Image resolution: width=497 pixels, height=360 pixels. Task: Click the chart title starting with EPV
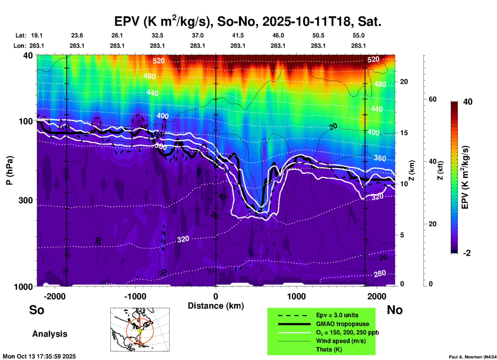(x=248, y=21)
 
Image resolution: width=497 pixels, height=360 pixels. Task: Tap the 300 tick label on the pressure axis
(x=26, y=200)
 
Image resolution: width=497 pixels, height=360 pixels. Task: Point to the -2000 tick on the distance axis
(x=54, y=296)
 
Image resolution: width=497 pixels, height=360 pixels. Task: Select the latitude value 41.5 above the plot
(x=238, y=35)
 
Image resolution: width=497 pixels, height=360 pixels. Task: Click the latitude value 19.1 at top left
(x=37, y=35)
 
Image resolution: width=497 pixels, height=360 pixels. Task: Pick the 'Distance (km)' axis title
(x=216, y=306)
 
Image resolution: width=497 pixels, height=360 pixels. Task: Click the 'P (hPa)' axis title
(x=10, y=170)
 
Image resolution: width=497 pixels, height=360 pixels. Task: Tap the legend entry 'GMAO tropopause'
(x=342, y=324)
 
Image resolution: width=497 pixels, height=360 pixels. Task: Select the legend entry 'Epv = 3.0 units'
(x=337, y=315)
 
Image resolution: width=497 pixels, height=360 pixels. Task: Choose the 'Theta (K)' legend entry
(x=329, y=349)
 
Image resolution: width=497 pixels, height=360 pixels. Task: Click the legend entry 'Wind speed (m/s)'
(x=341, y=341)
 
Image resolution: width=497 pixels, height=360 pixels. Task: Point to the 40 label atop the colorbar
(x=468, y=102)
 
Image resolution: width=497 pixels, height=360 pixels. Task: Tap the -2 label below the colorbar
(x=467, y=253)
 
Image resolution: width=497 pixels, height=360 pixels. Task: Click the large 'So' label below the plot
(x=37, y=310)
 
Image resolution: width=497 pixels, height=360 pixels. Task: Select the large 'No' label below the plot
(x=395, y=310)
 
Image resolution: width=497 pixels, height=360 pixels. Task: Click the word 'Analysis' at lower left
(x=50, y=334)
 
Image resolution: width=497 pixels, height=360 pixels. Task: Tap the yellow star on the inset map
(x=140, y=330)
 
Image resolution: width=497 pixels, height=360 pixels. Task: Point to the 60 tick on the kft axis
(x=432, y=99)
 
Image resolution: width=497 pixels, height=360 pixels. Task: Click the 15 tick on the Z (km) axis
(x=404, y=133)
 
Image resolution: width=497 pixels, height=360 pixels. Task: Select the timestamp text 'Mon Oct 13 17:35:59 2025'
(x=39, y=356)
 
